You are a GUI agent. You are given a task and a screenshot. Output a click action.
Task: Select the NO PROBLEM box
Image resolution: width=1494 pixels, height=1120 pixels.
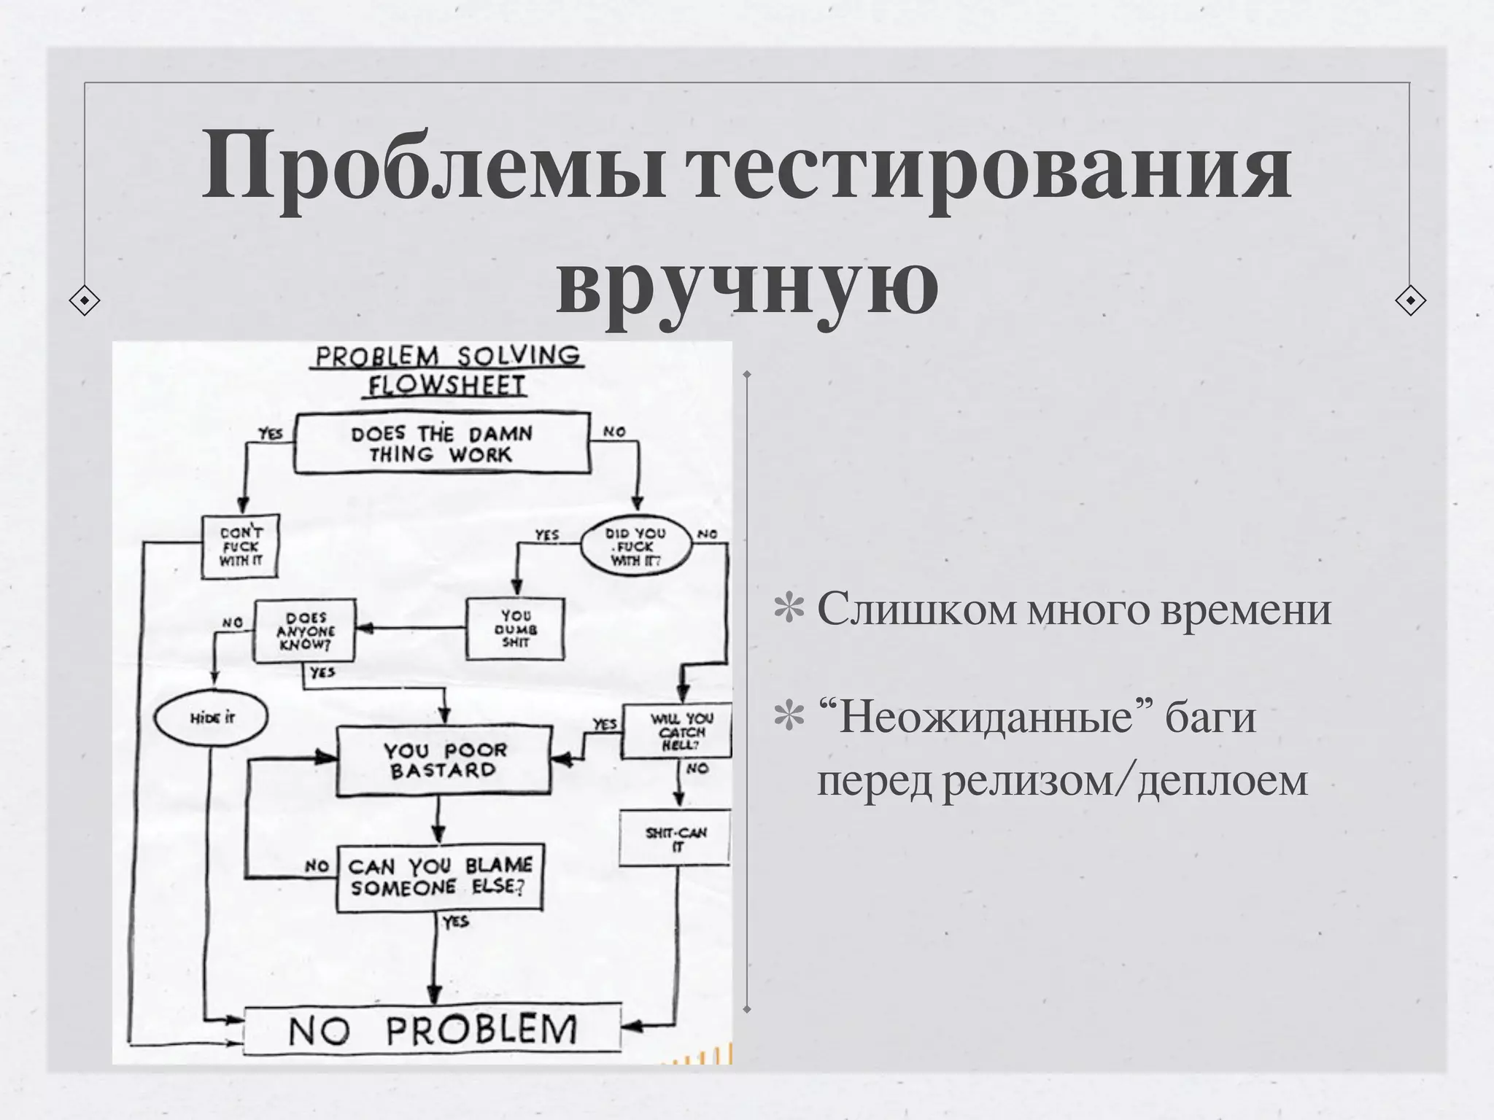[432, 1030]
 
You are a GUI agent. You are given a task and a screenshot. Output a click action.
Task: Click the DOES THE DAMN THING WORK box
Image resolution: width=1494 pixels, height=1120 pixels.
[441, 443]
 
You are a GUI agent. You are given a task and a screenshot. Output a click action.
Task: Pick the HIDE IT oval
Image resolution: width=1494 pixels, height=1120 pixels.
[211, 717]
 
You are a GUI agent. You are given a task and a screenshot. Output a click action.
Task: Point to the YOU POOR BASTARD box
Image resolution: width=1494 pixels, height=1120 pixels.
[444, 760]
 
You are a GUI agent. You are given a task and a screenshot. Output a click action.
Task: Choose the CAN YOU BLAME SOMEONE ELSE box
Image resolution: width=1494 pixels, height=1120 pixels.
[440, 878]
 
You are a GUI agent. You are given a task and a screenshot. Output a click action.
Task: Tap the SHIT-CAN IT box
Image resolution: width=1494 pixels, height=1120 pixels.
[675, 838]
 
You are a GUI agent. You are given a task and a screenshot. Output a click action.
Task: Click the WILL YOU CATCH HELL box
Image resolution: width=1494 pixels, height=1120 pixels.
[677, 731]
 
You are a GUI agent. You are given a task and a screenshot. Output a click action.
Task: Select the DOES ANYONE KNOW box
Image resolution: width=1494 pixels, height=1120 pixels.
[305, 631]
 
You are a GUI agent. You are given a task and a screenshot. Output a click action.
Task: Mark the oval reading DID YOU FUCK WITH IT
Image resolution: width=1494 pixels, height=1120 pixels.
[635, 546]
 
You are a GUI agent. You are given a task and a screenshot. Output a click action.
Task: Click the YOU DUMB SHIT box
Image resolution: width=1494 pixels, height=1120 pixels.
[515, 629]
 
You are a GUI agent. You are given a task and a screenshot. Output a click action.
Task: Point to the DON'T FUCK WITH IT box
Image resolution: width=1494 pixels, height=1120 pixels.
[240, 547]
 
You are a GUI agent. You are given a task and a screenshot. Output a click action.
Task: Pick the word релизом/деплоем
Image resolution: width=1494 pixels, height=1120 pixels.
[1125, 780]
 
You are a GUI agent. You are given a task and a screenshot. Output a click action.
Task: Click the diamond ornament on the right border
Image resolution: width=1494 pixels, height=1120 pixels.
[1410, 300]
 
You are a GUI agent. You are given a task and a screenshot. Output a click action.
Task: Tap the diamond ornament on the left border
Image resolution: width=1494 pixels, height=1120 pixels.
[85, 300]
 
